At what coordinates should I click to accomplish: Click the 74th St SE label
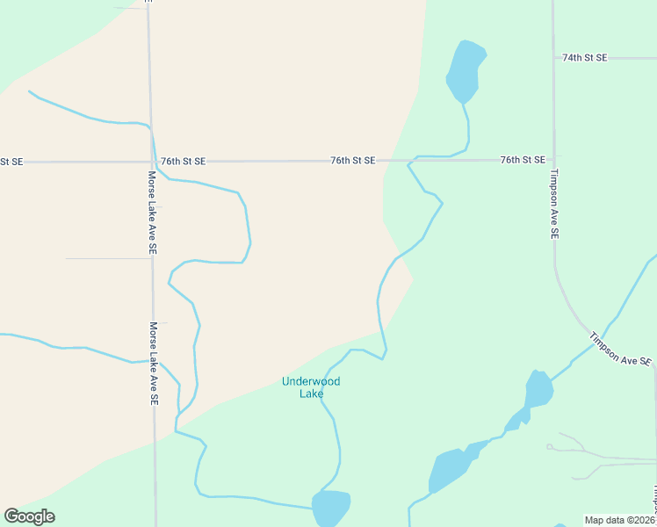[x=584, y=58]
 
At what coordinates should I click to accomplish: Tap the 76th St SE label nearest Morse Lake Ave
[x=183, y=162]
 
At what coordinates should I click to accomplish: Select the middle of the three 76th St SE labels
[x=352, y=161]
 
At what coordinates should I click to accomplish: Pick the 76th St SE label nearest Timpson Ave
[x=523, y=160]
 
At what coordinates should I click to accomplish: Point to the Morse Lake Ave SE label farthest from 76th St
[x=153, y=363]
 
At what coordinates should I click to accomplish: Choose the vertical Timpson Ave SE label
[x=554, y=204]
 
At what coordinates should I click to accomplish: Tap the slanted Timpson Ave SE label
[x=620, y=349]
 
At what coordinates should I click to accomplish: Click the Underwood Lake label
[x=310, y=387]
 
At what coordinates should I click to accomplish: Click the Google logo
[x=29, y=516]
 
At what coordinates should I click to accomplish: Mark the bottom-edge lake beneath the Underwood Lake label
[x=331, y=508]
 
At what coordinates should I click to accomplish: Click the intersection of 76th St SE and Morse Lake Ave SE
[x=150, y=162]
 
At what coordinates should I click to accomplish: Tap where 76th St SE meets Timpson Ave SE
[x=553, y=160]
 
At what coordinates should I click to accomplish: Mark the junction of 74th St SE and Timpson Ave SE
[x=553, y=58]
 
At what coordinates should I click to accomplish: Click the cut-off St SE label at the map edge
[x=11, y=162]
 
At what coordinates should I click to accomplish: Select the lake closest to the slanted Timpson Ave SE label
[x=538, y=389]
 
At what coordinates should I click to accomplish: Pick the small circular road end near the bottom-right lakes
[x=549, y=447]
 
